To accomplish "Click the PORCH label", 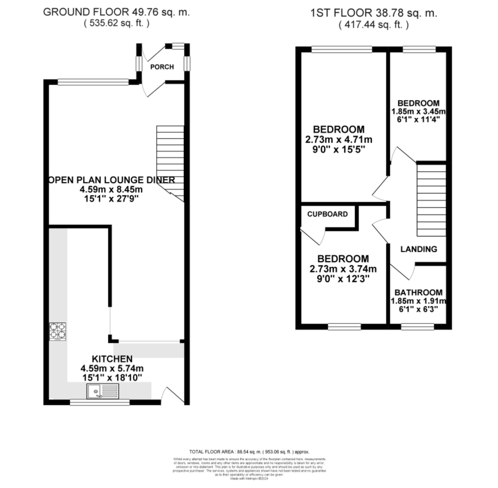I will pyautogui.click(x=162, y=67).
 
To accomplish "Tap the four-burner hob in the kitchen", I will pyautogui.click(x=57, y=331).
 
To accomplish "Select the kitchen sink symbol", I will pyautogui.click(x=103, y=391).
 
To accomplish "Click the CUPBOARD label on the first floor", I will pyautogui.click(x=327, y=214).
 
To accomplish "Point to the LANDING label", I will pyautogui.click(x=419, y=249).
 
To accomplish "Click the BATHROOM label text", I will pyautogui.click(x=418, y=292).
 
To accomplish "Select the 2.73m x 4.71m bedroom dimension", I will pyautogui.click(x=338, y=140).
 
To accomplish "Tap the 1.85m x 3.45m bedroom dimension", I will pyautogui.click(x=418, y=112).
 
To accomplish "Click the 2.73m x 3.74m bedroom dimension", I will pyautogui.click(x=343, y=269).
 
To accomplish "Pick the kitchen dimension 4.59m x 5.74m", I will pyautogui.click(x=112, y=368).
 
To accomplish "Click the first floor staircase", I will pyautogui.click(x=432, y=200).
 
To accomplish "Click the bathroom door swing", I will pyautogui.click(x=402, y=272).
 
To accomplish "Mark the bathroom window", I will pyautogui.click(x=417, y=327).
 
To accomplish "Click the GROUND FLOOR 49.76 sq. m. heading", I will pyautogui.click(x=116, y=12).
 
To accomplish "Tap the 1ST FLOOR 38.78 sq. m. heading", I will pyautogui.click(x=373, y=13).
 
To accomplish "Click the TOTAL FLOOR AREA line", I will pyautogui.click(x=249, y=452).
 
